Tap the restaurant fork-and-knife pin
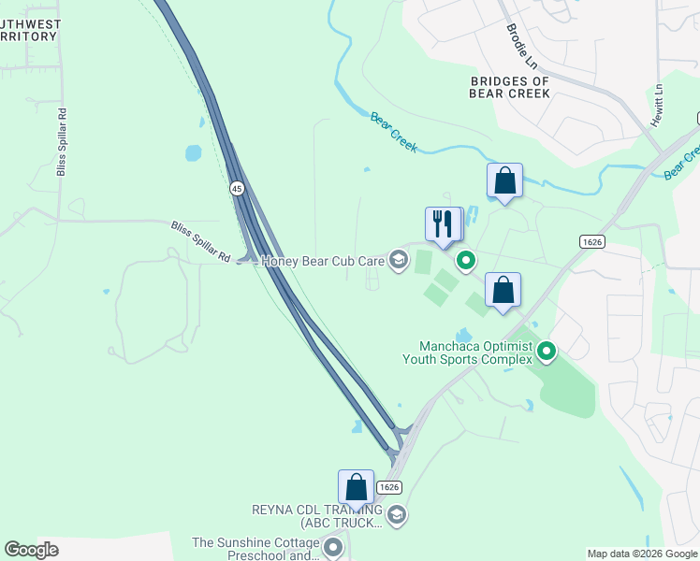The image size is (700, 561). [444, 224]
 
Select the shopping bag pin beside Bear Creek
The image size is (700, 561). [504, 180]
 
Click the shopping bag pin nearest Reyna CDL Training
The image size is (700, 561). [356, 487]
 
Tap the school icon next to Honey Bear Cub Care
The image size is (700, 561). [399, 260]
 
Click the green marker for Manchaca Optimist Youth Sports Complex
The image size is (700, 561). [547, 352]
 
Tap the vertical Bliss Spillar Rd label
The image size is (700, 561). [62, 140]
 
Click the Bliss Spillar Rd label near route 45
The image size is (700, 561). [200, 240]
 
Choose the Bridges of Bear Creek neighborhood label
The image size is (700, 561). [509, 88]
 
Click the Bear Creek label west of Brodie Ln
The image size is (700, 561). [393, 133]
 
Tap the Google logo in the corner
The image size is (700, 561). [32, 550]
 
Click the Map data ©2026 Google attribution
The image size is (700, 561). [641, 554]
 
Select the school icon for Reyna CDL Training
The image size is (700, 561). [397, 515]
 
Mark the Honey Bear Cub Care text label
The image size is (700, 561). [323, 261]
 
